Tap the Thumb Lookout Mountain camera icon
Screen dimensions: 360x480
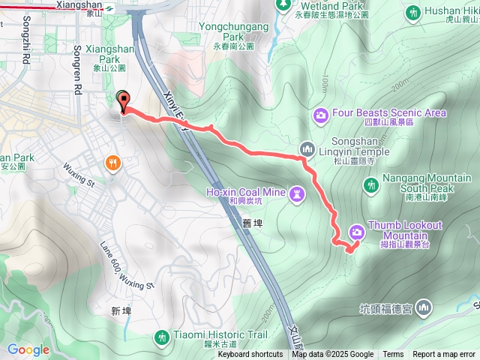pyautogui.click(x=355, y=232)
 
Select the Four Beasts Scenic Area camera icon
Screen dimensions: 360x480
pyautogui.click(x=320, y=115)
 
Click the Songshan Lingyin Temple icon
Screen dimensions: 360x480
pyautogui.click(x=305, y=148)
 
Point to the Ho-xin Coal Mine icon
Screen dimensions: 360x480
pyautogui.click(x=298, y=194)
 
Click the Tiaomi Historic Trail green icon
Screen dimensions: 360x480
pyautogui.click(x=162, y=338)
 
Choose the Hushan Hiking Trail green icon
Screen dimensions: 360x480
pyautogui.click(x=412, y=13)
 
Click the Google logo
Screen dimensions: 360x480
pyautogui.click(x=28, y=349)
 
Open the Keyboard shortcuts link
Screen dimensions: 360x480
pyautogui.click(x=250, y=355)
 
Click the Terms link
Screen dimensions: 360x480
pyautogui.click(x=393, y=355)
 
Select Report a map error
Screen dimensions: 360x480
pyautogui.click(x=445, y=355)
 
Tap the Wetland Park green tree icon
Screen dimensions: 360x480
pyautogui.click(x=283, y=5)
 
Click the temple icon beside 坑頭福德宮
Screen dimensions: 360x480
pyautogui.click(x=424, y=307)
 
